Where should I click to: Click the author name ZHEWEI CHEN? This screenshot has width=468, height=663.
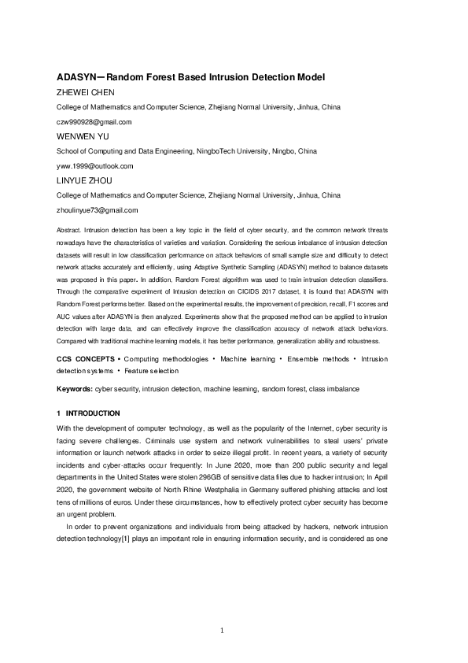tap(87, 92)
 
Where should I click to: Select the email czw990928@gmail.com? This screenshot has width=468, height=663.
tap(94, 122)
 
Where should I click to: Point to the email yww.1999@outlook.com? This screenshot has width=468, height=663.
tap(95, 166)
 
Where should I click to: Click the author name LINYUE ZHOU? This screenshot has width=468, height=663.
tap(84, 180)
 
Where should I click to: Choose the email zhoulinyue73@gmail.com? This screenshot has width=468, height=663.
tap(98, 210)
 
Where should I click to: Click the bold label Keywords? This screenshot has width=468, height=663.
tap(75, 389)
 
